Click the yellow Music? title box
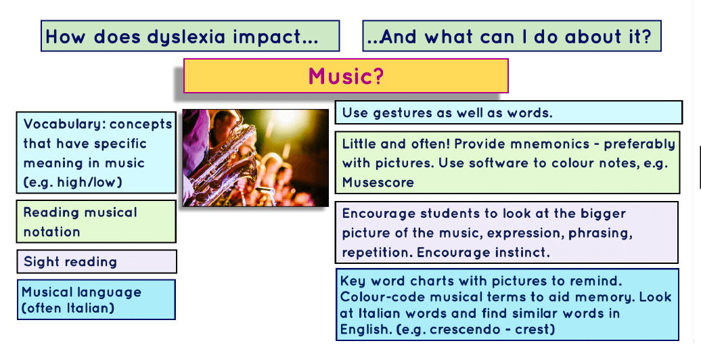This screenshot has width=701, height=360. [x=346, y=76]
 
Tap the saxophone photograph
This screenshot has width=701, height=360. [x=255, y=157]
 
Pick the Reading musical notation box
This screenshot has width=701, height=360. [x=96, y=222]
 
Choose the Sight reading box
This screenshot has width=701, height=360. [x=96, y=261]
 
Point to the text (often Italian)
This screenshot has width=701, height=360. [x=68, y=309]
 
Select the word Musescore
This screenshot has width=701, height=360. [x=378, y=183]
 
